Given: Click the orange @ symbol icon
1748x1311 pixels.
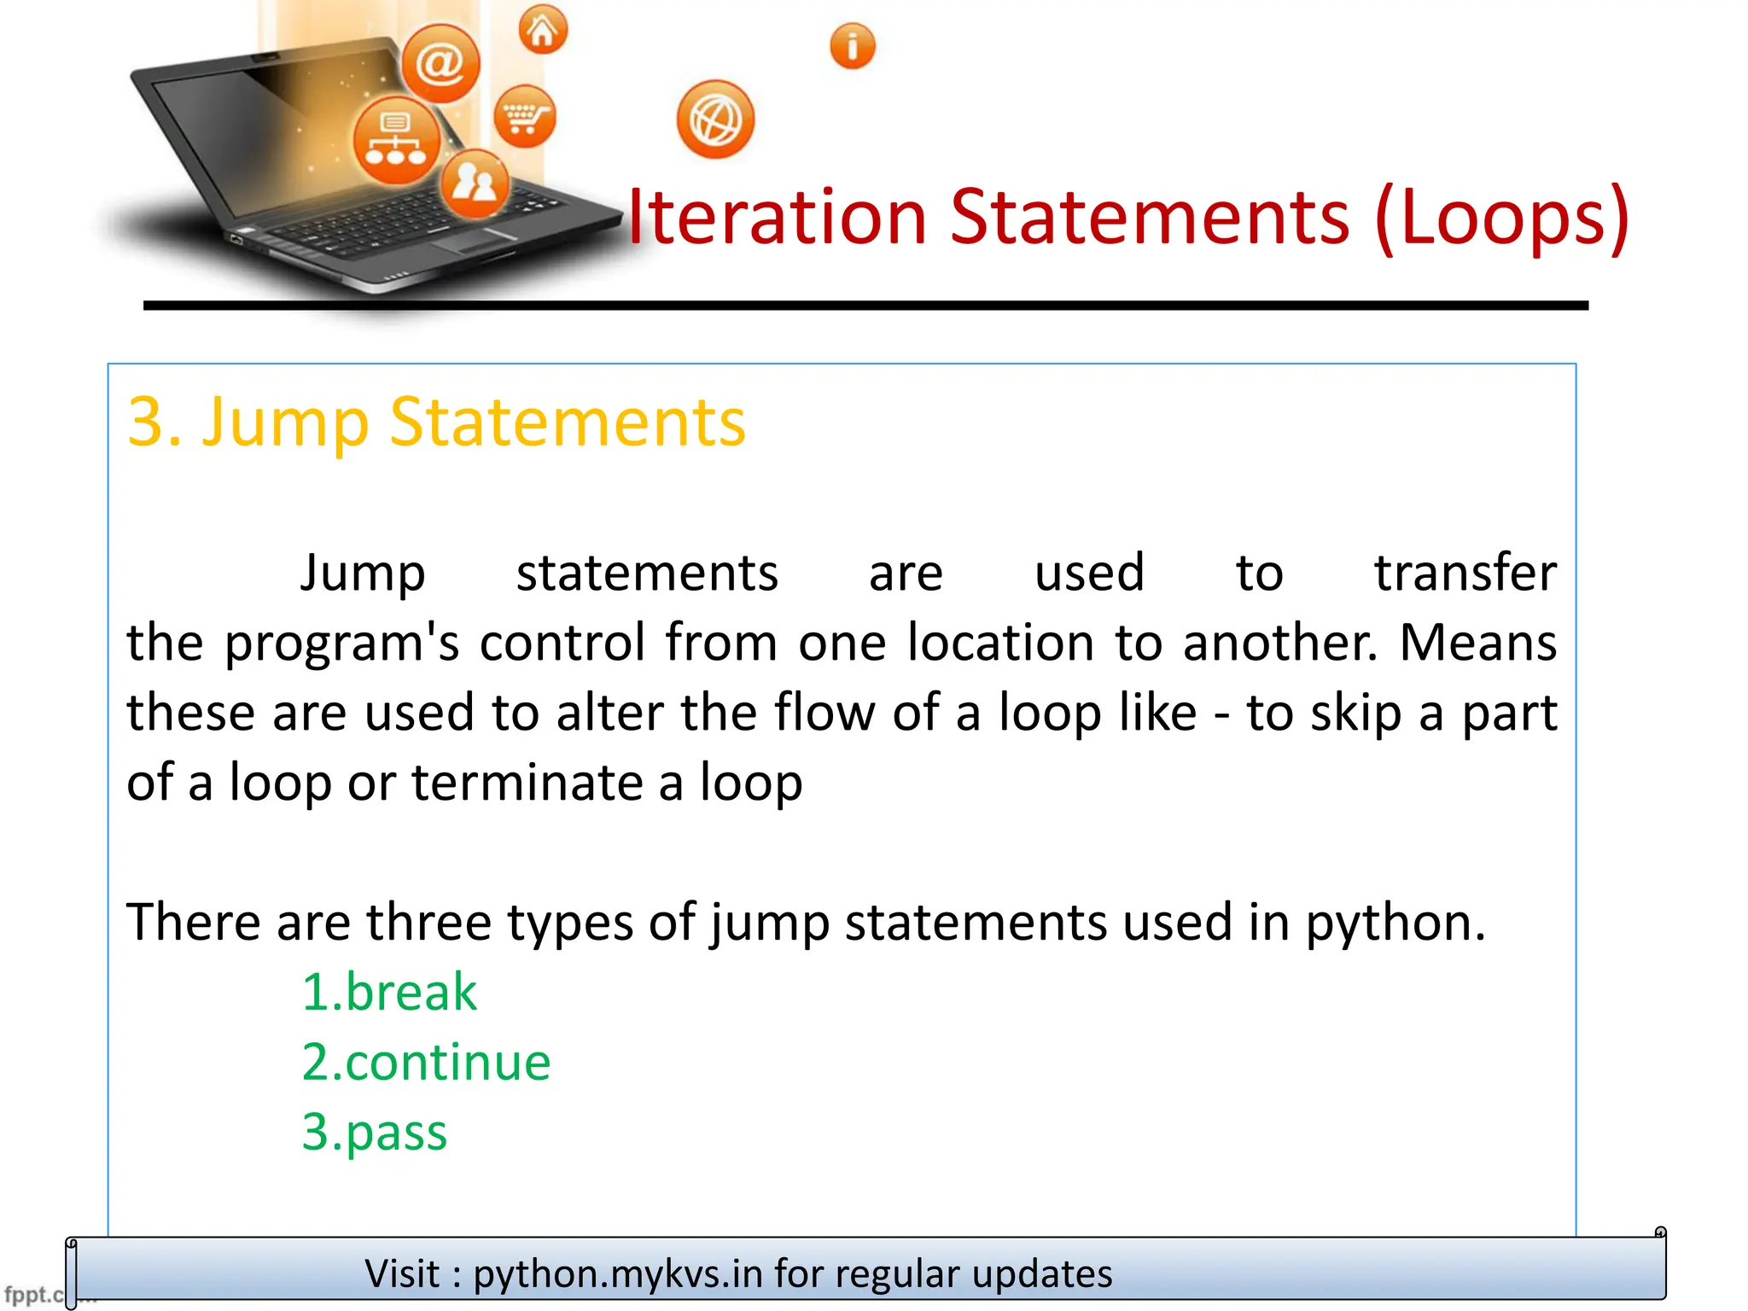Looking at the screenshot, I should point(440,63).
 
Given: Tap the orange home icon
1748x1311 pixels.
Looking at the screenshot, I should point(543,30).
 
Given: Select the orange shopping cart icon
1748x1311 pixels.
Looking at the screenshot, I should point(524,116).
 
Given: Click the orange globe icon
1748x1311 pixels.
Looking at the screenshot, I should point(715,119).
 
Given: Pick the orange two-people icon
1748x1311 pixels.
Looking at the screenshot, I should point(475,183).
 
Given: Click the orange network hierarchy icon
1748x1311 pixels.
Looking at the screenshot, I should point(397,141).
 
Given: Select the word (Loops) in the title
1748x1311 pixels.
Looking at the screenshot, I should point(1502,218).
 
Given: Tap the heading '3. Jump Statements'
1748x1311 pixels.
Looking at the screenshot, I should point(436,422).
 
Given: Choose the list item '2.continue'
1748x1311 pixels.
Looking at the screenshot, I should point(426,1062).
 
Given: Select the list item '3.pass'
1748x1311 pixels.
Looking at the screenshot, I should point(375,1133).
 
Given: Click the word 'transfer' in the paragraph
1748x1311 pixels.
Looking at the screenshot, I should point(1465,573).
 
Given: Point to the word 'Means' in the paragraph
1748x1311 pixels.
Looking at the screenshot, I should point(1477,643).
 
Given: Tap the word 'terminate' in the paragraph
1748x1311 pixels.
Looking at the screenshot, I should point(526,783).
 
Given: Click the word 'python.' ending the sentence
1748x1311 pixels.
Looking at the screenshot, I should point(1395,924).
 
